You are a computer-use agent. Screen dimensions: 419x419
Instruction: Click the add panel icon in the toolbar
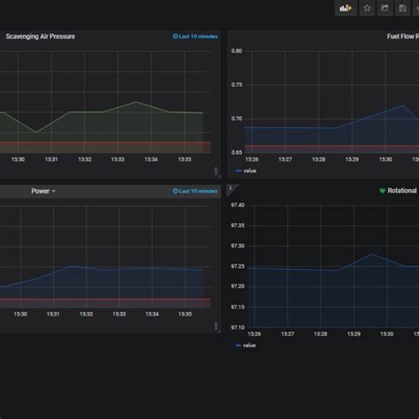pyautogui.click(x=347, y=8)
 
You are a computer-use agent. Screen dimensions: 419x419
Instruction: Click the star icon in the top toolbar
pyautogui.click(x=367, y=8)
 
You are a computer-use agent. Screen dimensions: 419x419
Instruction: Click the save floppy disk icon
pyautogui.click(x=403, y=8)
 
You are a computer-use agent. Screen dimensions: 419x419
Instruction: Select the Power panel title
pyautogui.click(x=41, y=191)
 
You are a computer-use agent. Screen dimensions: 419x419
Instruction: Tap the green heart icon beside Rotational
pyautogui.click(x=382, y=191)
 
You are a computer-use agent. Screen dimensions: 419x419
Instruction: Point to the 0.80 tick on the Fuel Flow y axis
pyautogui.click(x=236, y=51)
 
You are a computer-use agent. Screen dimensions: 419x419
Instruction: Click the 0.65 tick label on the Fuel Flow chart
pyautogui.click(x=236, y=152)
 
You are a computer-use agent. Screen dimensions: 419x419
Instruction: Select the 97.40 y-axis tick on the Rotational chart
pyautogui.click(x=237, y=205)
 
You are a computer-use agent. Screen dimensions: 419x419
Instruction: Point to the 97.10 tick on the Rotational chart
pyautogui.click(x=237, y=327)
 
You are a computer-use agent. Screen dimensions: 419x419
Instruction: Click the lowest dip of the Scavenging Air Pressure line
pyautogui.click(x=36, y=133)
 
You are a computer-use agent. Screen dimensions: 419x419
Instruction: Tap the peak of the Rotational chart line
pyautogui.click(x=371, y=255)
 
